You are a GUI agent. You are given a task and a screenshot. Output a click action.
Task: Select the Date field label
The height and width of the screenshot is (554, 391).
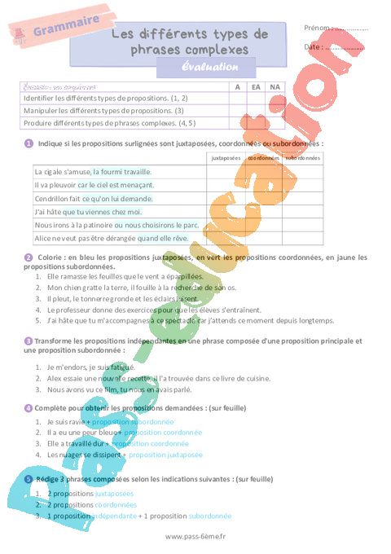(313, 47)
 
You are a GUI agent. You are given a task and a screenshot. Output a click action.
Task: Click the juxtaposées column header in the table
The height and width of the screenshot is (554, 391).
(226, 156)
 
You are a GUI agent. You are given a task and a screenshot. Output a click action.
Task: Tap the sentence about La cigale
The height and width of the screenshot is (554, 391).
(94, 172)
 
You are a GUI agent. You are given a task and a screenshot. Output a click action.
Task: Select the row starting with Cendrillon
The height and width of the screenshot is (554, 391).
(94, 198)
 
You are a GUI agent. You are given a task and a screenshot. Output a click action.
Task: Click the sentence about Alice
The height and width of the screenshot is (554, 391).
(111, 238)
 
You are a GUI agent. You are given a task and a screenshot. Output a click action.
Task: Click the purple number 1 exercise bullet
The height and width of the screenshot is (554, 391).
(29, 143)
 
